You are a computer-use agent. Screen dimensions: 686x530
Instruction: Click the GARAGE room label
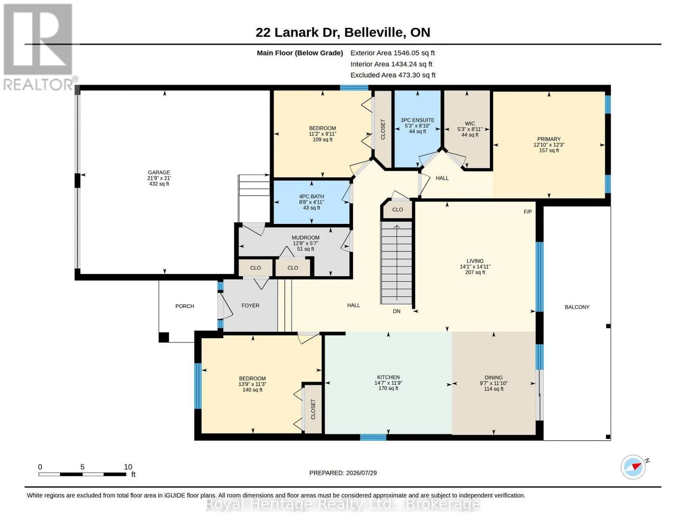[159, 172]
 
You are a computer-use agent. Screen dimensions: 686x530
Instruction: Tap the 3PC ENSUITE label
[417, 120]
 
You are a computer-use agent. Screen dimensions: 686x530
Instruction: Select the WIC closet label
[470, 123]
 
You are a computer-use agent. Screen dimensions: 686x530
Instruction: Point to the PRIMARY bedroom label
[549, 139]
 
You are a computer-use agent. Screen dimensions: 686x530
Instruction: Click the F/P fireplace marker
[527, 212]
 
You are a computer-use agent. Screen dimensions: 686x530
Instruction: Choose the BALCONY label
[577, 307]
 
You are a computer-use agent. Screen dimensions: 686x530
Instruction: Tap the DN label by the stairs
[397, 311]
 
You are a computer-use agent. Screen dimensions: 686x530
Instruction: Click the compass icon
[633, 467]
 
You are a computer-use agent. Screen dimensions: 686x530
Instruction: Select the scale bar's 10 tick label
[128, 466]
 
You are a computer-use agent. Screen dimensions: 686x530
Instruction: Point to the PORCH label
[185, 306]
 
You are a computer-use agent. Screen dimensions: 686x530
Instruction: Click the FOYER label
[250, 305]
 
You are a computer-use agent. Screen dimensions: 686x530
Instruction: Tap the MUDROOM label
[305, 237]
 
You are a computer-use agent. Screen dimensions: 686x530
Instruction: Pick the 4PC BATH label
[311, 197]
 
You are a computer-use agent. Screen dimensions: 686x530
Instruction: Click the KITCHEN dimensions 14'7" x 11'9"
[388, 382]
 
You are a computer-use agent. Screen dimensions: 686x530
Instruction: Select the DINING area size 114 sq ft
[493, 389]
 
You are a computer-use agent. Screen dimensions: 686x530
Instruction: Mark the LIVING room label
[475, 261]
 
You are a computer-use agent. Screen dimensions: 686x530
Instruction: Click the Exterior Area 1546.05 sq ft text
[392, 53]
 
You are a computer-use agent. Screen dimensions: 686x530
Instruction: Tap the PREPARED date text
[343, 473]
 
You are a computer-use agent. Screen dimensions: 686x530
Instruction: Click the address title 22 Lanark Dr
[298, 32]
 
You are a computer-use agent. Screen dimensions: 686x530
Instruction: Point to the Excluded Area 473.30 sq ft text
[393, 75]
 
